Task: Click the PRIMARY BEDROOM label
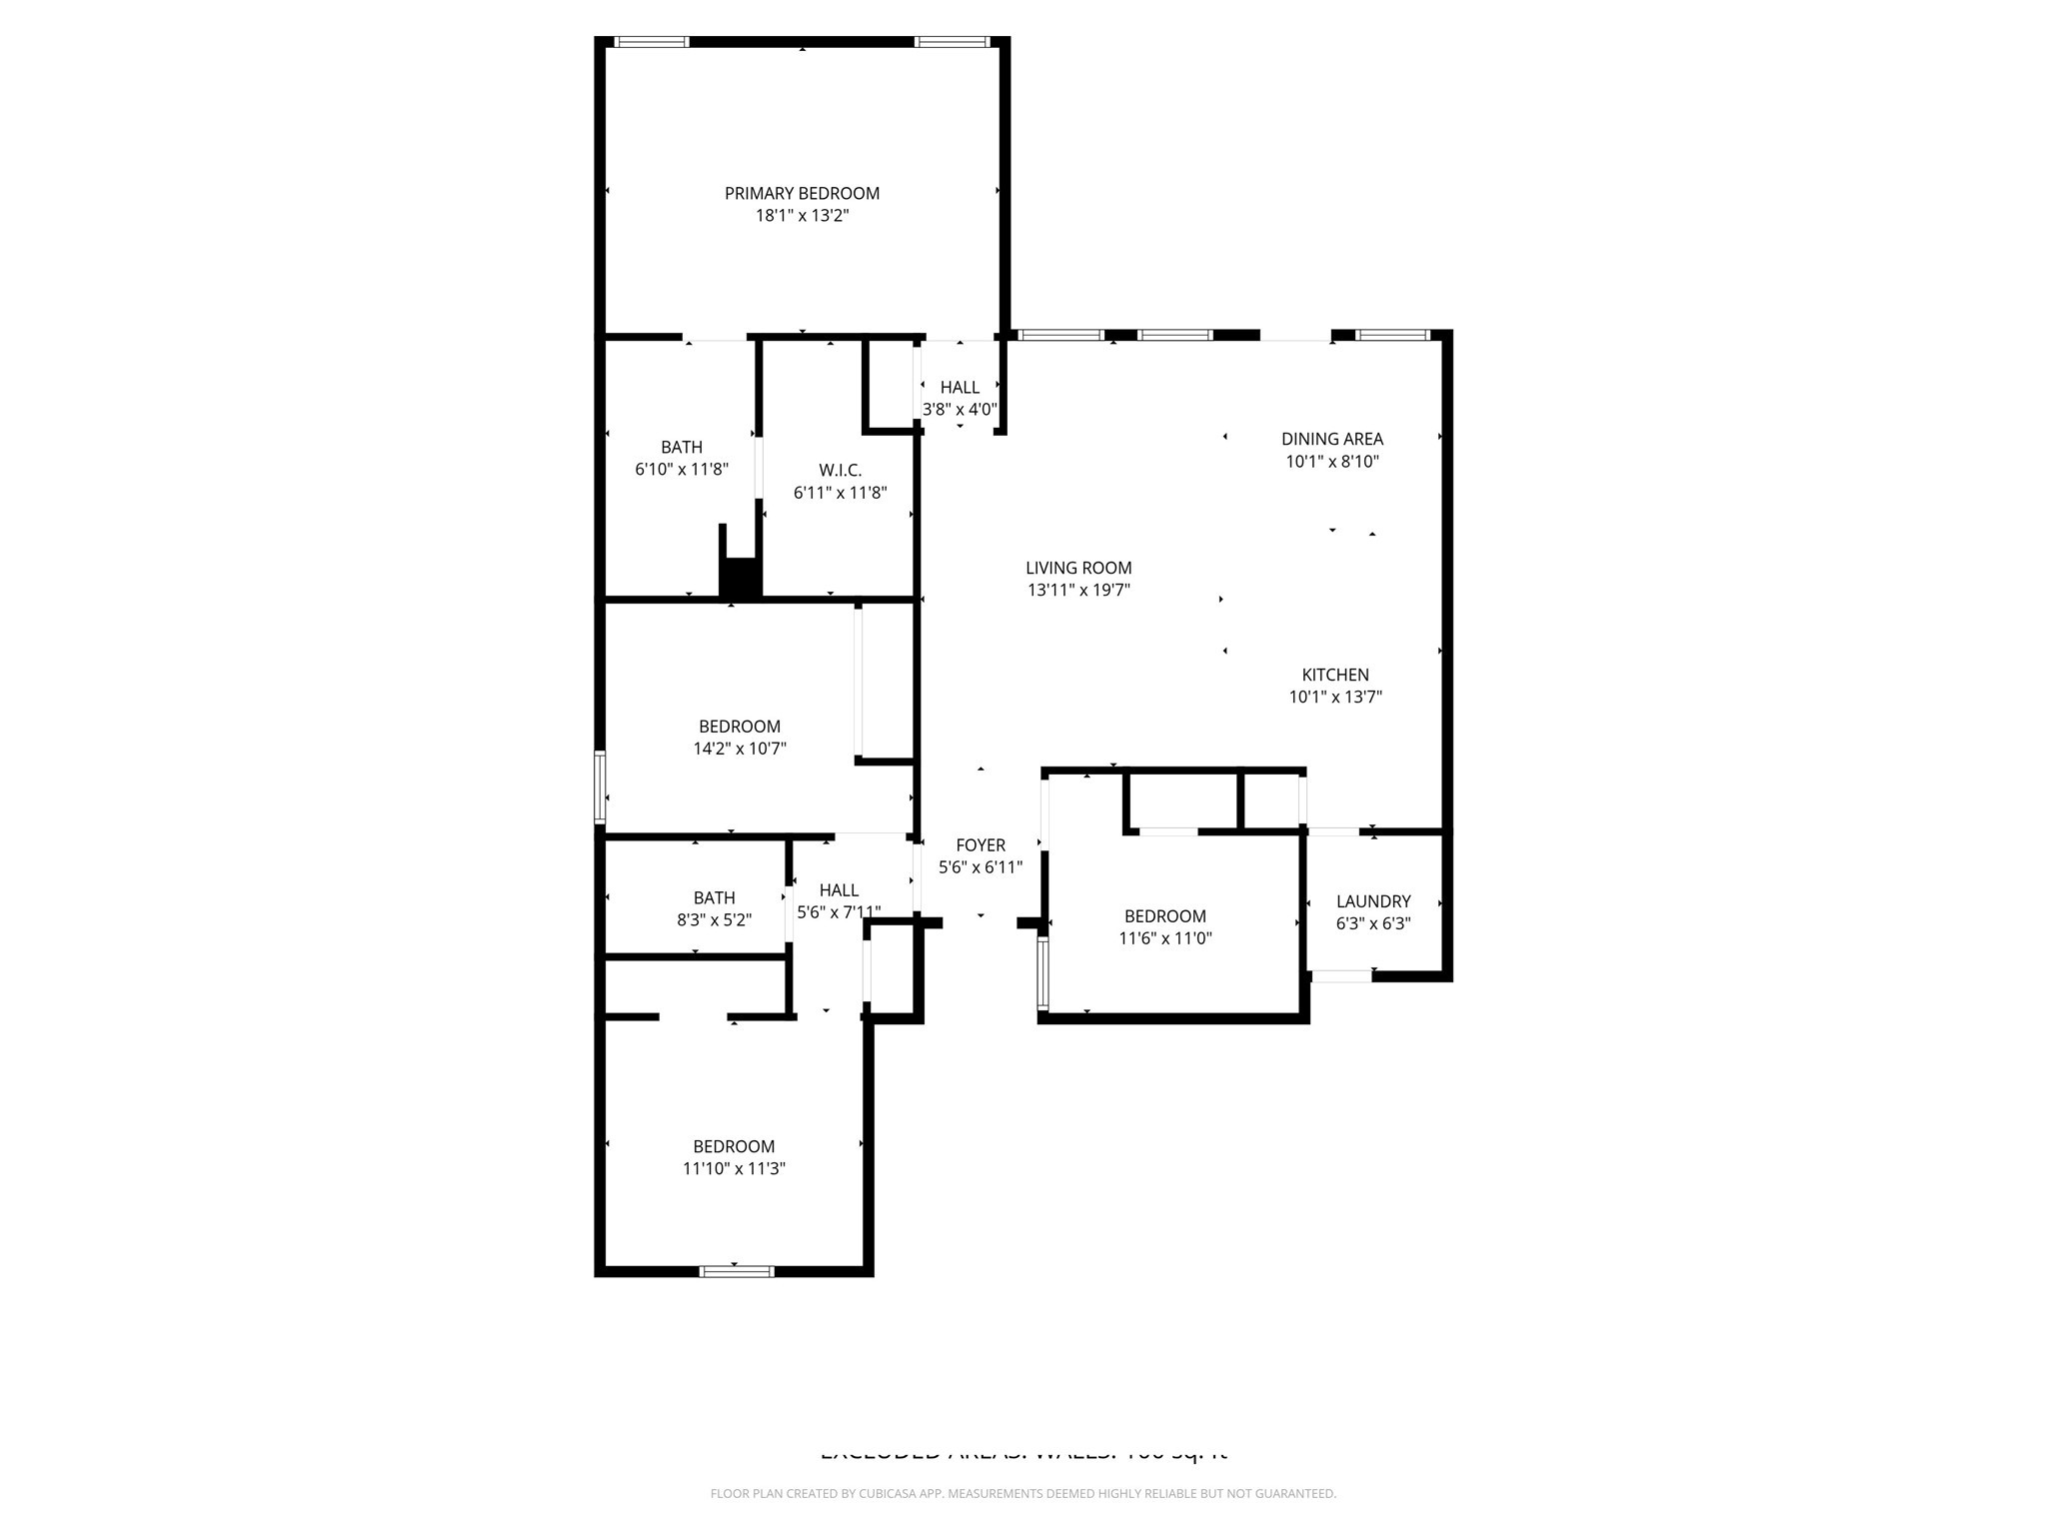click(802, 193)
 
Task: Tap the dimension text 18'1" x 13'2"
click(802, 216)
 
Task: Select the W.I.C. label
click(840, 470)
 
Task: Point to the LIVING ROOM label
click(1078, 568)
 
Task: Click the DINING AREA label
click(1331, 439)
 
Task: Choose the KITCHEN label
click(1334, 675)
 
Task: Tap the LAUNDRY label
click(1372, 901)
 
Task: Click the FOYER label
click(980, 845)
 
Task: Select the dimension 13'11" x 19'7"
click(1078, 591)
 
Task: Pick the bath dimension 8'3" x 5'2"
click(714, 920)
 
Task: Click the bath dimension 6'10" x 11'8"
click(681, 470)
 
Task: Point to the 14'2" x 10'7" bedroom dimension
click(740, 749)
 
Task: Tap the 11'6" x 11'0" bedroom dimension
click(1164, 938)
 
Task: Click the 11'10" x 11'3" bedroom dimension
click(734, 1168)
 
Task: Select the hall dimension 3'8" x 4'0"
click(960, 410)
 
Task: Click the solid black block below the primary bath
click(741, 578)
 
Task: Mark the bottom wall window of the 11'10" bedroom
click(736, 1271)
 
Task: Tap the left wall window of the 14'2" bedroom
click(600, 786)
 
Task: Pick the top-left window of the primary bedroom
click(652, 42)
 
